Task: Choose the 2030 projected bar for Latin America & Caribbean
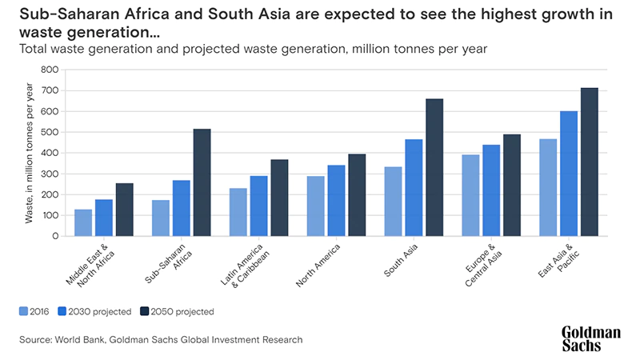point(258,206)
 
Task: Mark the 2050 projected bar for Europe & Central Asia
point(512,185)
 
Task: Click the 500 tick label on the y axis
point(49,132)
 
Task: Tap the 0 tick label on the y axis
point(54,236)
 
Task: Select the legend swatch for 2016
point(24,311)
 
